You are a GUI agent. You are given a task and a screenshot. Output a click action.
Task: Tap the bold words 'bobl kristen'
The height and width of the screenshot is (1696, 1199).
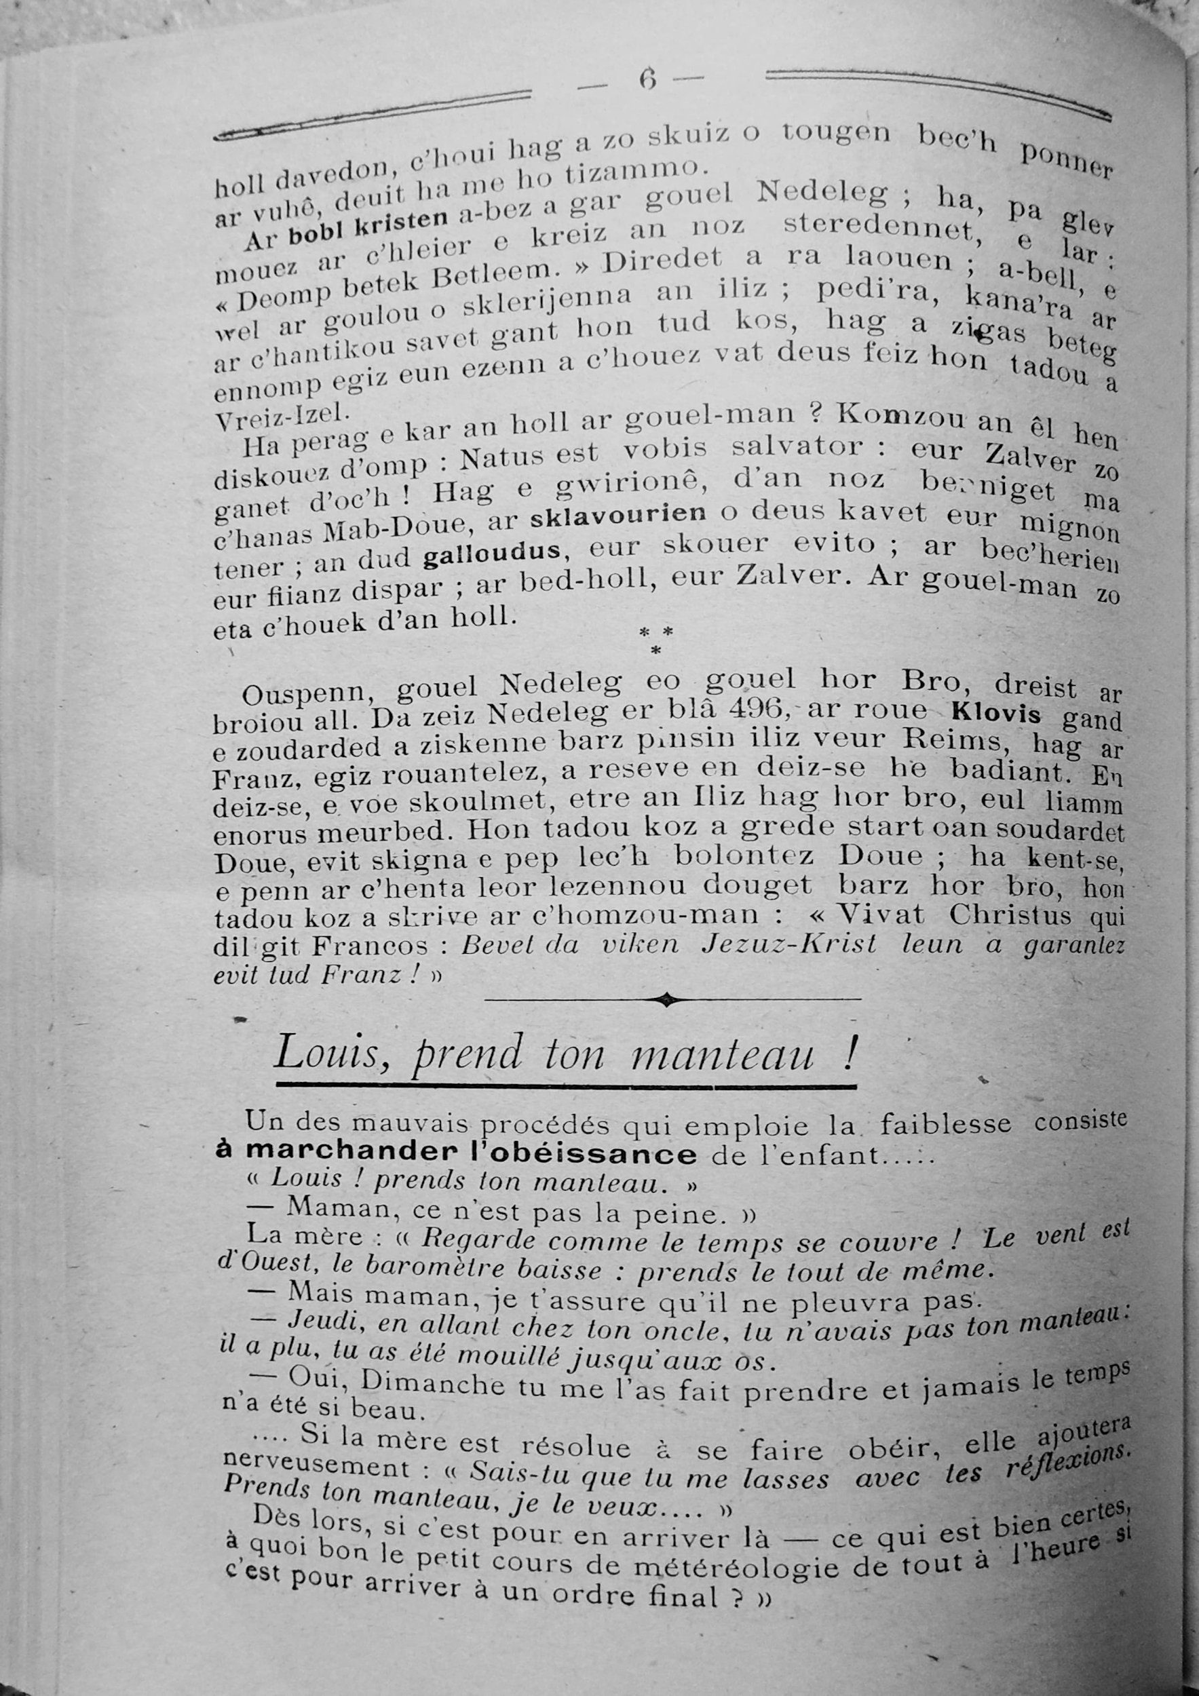coord(368,223)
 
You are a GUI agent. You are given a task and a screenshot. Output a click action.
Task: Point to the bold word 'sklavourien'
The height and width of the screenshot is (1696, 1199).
coord(617,514)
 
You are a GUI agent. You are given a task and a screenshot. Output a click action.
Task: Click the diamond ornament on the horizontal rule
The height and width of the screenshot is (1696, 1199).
coord(666,1001)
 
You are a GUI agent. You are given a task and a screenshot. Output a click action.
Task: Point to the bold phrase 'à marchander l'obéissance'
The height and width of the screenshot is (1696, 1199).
coord(456,1153)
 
